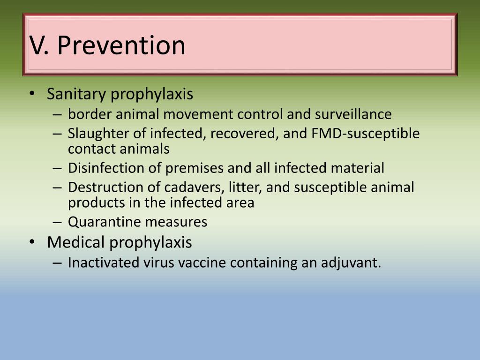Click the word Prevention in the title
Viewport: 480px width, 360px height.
[122, 45]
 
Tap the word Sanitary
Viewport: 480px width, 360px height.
[77, 94]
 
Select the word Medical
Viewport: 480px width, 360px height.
[76, 242]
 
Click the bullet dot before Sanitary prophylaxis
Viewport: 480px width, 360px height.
[31, 94]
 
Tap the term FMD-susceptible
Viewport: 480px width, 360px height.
[366, 134]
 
